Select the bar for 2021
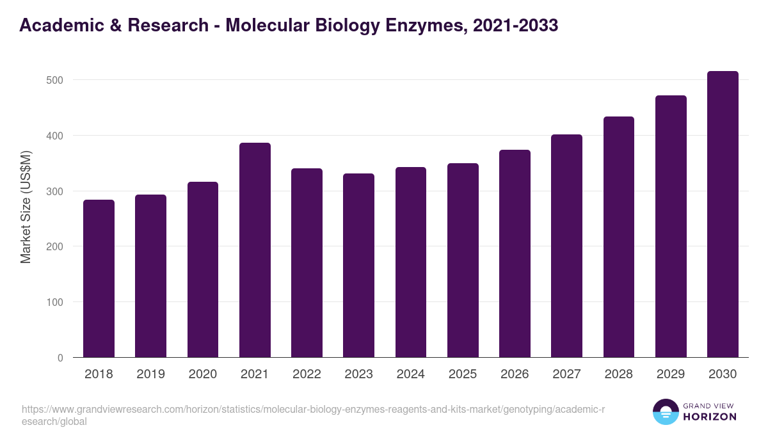click(255, 250)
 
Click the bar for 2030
click(723, 214)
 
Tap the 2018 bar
click(99, 278)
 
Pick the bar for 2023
click(358, 266)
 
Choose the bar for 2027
click(566, 246)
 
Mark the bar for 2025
click(463, 260)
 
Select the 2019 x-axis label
click(150, 374)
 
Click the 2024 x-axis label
click(410, 374)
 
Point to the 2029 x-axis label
click(671, 374)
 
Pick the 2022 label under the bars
click(307, 374)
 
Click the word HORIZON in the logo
click(710, 417)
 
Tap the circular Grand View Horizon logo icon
click(666, 412)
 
